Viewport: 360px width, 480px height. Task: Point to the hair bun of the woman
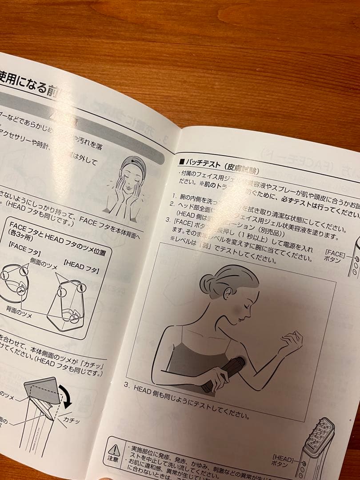tap(208, 283)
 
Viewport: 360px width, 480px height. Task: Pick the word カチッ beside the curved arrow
tap(71, 420)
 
